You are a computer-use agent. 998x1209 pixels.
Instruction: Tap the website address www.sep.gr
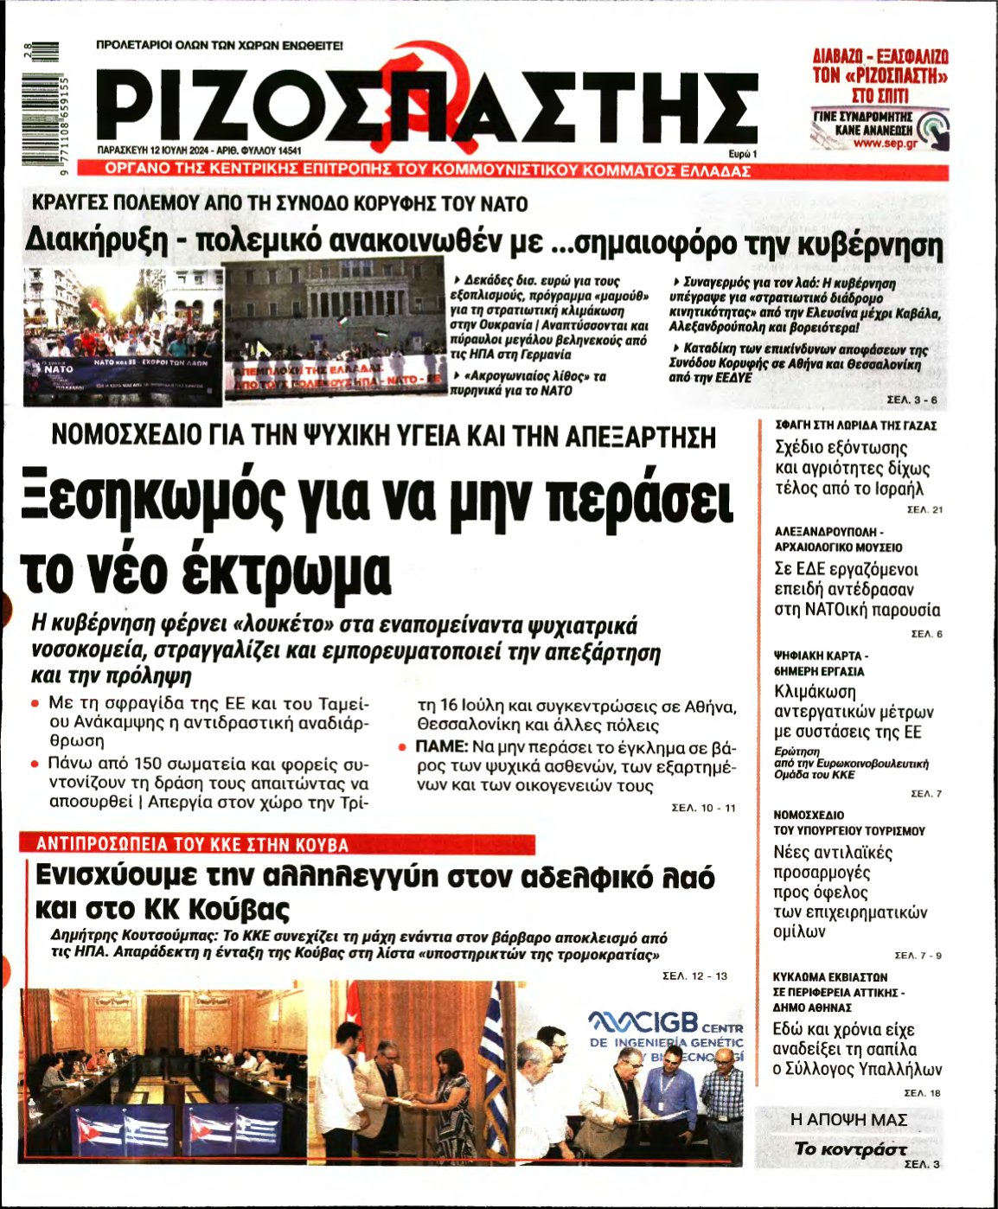[885, 144]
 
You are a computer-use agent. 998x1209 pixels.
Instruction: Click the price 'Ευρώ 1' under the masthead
[742, 152]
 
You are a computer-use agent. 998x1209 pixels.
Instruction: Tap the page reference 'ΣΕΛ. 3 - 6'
[912, 400]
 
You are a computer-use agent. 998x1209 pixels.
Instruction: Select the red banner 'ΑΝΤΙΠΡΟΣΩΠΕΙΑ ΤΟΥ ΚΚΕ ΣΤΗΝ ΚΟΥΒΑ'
[192, 845]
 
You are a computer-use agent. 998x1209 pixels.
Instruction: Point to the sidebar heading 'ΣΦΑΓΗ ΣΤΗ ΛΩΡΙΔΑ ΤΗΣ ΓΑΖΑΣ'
[855, 425]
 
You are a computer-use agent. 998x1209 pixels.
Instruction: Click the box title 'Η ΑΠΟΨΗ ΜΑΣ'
[848, 1120]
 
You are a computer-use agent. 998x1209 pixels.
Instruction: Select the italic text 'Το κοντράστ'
[850, 1148]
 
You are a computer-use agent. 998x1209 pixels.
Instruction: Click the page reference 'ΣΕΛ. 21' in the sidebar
[924, 509]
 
